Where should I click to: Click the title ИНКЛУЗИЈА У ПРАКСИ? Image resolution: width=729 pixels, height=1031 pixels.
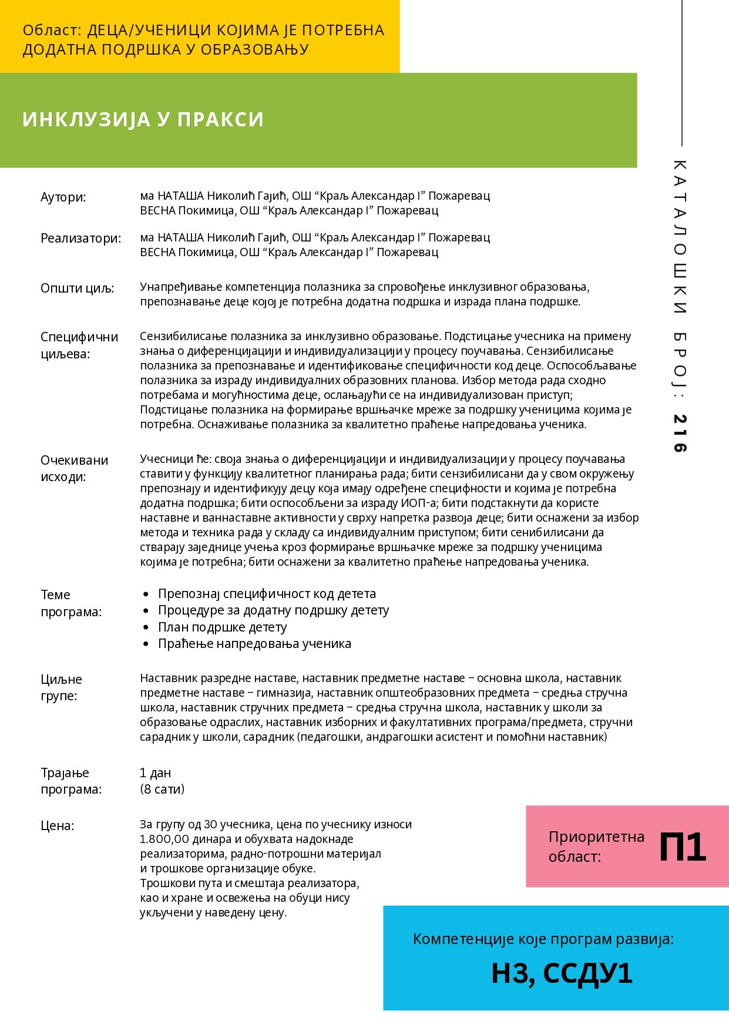coord(143,119)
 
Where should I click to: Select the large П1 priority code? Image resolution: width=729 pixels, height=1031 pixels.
coord(682,847)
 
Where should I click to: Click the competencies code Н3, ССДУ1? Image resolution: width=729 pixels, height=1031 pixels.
coord(562,973)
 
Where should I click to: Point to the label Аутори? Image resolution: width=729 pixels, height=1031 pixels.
coord(63,197)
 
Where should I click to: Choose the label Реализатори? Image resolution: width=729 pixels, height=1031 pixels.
coord(80,239)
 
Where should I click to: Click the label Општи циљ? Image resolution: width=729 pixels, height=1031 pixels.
coord(77,288)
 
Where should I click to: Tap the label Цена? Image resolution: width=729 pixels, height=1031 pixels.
coord(57,826)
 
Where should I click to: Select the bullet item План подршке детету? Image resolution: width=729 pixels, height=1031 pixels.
coord(222,627)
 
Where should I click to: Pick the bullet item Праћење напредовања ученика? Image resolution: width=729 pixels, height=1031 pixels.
coord(254,644)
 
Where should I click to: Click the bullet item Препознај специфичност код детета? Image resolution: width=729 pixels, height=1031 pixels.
coord(267,594)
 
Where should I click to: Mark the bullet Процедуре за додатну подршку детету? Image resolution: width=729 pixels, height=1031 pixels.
coord(273,610)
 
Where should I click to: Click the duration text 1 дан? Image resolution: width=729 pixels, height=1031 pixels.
coord(155,773)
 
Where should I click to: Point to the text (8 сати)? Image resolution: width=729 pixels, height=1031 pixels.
coord(162,789)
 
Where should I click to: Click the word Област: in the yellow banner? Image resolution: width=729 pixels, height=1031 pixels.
coord(51,31)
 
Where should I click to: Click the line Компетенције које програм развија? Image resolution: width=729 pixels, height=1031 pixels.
coord(543,939)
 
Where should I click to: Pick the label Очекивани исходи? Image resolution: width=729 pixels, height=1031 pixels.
coord(74,468)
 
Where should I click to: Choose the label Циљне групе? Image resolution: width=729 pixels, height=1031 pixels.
coord(61,688)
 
